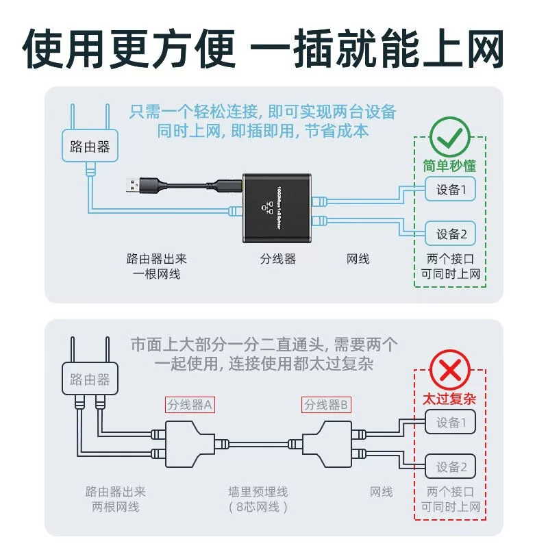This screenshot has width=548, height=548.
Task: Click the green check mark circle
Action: pyautogui.click(x=449, y=137)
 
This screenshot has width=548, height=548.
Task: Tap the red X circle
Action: pyautogui.click(x=449, y=370)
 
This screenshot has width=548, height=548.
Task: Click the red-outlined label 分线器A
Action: pyautogui.click(x=190, y=405)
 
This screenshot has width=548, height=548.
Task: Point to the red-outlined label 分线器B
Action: pyautogui.click(x=327, y=405)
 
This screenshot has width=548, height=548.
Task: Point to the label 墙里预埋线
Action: pyautogui.click(x=258, y=491)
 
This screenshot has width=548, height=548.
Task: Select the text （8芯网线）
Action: pyautogui.click(x=258, y=507)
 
